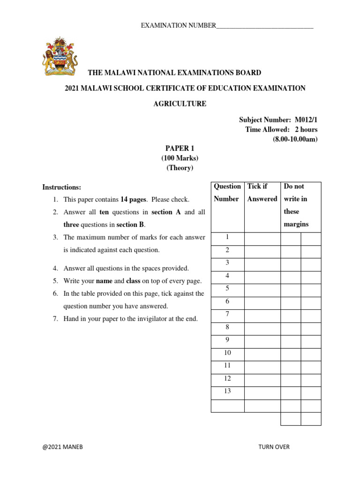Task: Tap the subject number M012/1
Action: tap(306, 120)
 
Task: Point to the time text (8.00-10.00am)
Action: tap(295, 139)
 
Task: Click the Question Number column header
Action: tap(227, 193)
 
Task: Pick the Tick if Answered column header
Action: tap(262, 193)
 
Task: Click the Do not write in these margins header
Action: tap(296, 205)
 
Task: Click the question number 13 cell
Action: tap(227, 391)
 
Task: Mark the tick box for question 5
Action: tap(262, 290)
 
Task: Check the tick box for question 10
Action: tap(262, 354)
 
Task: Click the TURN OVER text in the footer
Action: tap(274, 447)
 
